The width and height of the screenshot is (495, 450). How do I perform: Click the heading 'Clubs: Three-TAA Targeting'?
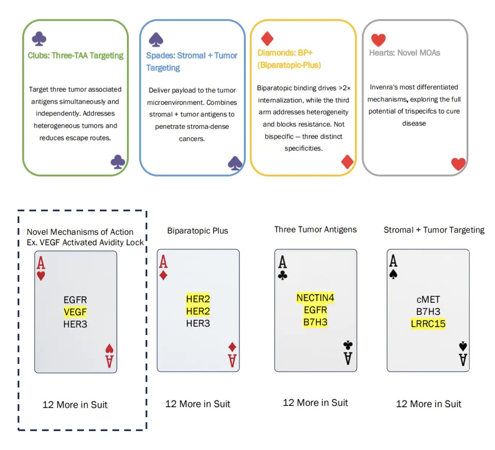coord(75,56)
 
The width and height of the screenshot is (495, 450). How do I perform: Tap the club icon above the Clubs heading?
coord(39,39)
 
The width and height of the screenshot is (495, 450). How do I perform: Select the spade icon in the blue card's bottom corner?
coord(234,163)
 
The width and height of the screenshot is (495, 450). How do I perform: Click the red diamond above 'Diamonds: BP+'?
coord(267,39)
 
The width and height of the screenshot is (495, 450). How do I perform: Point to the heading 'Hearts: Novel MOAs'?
coord(404,53)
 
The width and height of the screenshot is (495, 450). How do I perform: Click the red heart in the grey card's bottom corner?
coord(458,164)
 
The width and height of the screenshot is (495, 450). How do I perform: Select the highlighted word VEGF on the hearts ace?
coord(75,312)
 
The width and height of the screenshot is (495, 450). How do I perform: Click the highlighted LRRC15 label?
coord(428,324)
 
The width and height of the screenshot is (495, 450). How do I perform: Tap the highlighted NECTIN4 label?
coord(315,298)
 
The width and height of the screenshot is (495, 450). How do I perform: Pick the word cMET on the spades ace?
coord(428,299)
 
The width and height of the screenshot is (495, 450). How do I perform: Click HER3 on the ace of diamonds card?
coord(198,323)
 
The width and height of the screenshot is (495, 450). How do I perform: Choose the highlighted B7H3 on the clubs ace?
coord(315,322)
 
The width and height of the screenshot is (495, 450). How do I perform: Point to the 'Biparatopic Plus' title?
coord(197,231)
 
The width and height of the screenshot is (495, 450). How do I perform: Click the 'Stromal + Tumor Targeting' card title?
coord(434,230)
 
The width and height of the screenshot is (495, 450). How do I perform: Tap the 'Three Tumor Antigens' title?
coord(315,229)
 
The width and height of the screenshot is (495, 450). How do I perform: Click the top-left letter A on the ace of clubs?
coord(282,262)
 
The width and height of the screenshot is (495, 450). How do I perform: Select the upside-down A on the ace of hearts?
coord(109,362)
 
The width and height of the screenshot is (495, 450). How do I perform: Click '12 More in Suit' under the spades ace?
coord(429,404)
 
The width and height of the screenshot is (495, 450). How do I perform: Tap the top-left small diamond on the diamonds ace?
coord(163,275)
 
